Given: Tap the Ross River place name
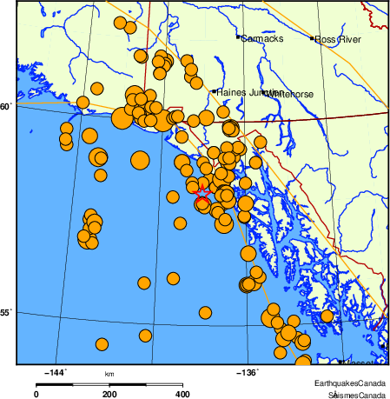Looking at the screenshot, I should click(337, 39).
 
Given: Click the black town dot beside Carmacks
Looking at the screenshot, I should click(238, 37).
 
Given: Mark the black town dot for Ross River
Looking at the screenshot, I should click(312, 38).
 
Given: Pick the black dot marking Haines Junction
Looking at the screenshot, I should click(215, 90).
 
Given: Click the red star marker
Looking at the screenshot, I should click(202, 193).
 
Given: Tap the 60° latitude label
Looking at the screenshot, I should click(7, 107).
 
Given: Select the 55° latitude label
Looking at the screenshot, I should click(7, 312).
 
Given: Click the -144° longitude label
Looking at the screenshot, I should click(55, 372).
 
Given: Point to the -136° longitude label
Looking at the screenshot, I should click(248, 372).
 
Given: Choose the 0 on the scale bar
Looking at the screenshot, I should click(36, 394).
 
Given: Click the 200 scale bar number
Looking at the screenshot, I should click(109, 394).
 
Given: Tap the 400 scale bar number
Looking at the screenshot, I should click(183, 394).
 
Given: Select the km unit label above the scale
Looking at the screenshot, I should click(109, 375).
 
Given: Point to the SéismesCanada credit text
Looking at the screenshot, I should click(351, 394).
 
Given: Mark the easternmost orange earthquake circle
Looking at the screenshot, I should click(327, 316).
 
